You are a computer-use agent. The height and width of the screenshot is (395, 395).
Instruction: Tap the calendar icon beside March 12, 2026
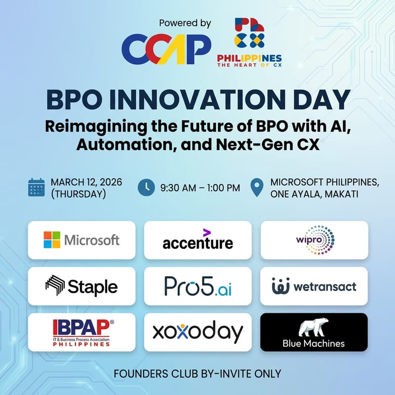(x=37, y=188)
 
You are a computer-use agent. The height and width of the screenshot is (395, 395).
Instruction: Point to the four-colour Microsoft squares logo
(x=52, y=240)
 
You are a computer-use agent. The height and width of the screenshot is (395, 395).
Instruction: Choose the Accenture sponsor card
(x=197, y=240)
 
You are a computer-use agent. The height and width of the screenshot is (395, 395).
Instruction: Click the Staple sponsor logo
(x=81, y=286)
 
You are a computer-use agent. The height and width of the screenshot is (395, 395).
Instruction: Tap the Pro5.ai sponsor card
(x=197, y=286)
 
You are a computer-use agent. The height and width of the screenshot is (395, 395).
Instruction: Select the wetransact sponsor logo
(x=314, y=286)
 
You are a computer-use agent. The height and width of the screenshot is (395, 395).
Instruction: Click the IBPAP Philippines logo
(x=81, y=332)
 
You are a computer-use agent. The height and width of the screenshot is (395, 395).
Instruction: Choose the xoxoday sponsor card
(x=197, y=332)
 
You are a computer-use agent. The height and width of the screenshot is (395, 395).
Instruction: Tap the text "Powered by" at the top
(x=185, y=23)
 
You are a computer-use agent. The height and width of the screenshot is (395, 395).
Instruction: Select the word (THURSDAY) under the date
(x=79, y=194)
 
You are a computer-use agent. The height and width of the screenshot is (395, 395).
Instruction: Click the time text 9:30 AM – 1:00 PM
(x=200, y=188)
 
